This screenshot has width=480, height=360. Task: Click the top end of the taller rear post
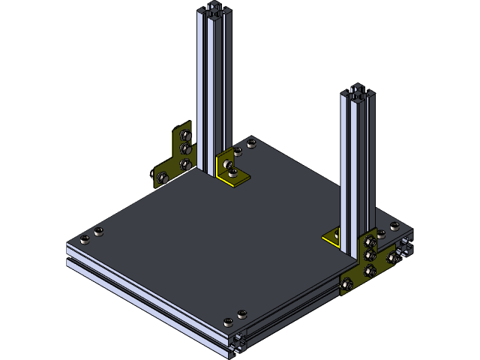[214, 10]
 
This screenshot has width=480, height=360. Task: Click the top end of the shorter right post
[358, 93]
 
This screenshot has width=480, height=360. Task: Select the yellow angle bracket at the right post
[333, 239]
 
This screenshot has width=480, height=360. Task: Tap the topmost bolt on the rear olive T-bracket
[187, 136]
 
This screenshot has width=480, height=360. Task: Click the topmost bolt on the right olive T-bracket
[370, 241]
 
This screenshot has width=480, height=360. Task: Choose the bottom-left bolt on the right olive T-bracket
[347, 284]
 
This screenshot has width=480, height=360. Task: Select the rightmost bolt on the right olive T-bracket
[392, 258]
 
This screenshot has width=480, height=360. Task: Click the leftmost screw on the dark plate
[85, 239]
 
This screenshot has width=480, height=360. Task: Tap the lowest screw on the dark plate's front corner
[228, 322]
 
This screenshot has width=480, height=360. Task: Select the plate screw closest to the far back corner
[250, 142]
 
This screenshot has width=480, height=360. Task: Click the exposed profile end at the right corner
[404, 247]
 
